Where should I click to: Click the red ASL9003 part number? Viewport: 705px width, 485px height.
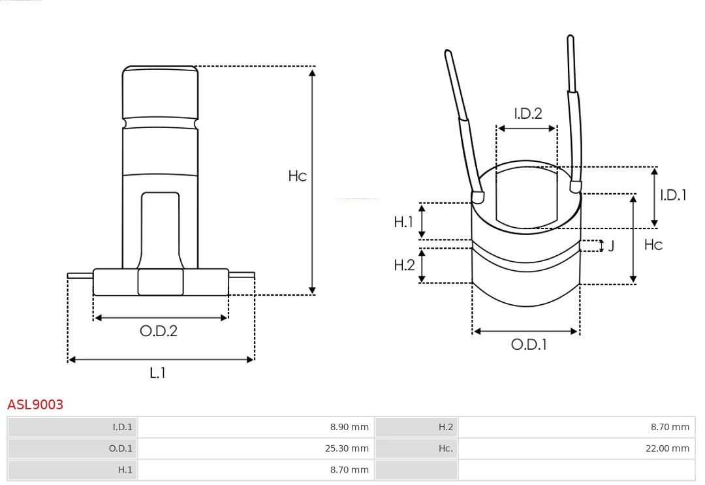pyautogui.click(x=35, y=405)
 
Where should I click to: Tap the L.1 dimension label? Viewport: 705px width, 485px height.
pyautogui.click(x=158, y=373)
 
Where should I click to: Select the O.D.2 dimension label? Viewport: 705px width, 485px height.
pyautogui.click(x=159, y=331)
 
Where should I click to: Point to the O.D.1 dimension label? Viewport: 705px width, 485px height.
pyautogui.click(x=529, y=345)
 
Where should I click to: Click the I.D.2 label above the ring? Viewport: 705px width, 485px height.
pyautogui.click(x=528, y=114)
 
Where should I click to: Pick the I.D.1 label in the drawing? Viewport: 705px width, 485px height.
pyautogui.click(x=673, y=195)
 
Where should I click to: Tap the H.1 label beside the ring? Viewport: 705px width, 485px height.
pyautogui.click(x=403, y=221)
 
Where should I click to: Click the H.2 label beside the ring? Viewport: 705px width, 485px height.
pyautogui.click(x=404, y=265)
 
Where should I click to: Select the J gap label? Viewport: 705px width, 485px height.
pyautogui.click(x=611, y=246)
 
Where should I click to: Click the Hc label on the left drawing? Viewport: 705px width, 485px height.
pyautogui.click(x=298, y=176)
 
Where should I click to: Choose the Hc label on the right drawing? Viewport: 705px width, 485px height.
pyautogui.click(x=653, y=245)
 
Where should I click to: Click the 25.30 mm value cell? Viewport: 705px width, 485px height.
pyautogui.click(x=257, y=448)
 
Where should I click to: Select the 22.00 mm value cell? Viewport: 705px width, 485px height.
pyautogui.click(x=576, y=448)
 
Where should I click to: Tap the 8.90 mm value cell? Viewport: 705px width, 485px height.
pyautogui.click(x=257, y=427)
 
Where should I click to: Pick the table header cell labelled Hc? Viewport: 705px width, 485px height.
pyautogui.click(x=416, y=448)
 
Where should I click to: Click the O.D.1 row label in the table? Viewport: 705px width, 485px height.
pyautogui.click(x=73, y=448)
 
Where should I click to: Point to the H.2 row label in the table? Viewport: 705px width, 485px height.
pyautogui.click(x=416, y=427)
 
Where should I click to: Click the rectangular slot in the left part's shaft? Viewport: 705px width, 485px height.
pyautogui.click(x=161, y=230)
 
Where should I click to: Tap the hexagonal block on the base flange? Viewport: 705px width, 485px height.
pyautogui.click(x=161, y=282)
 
